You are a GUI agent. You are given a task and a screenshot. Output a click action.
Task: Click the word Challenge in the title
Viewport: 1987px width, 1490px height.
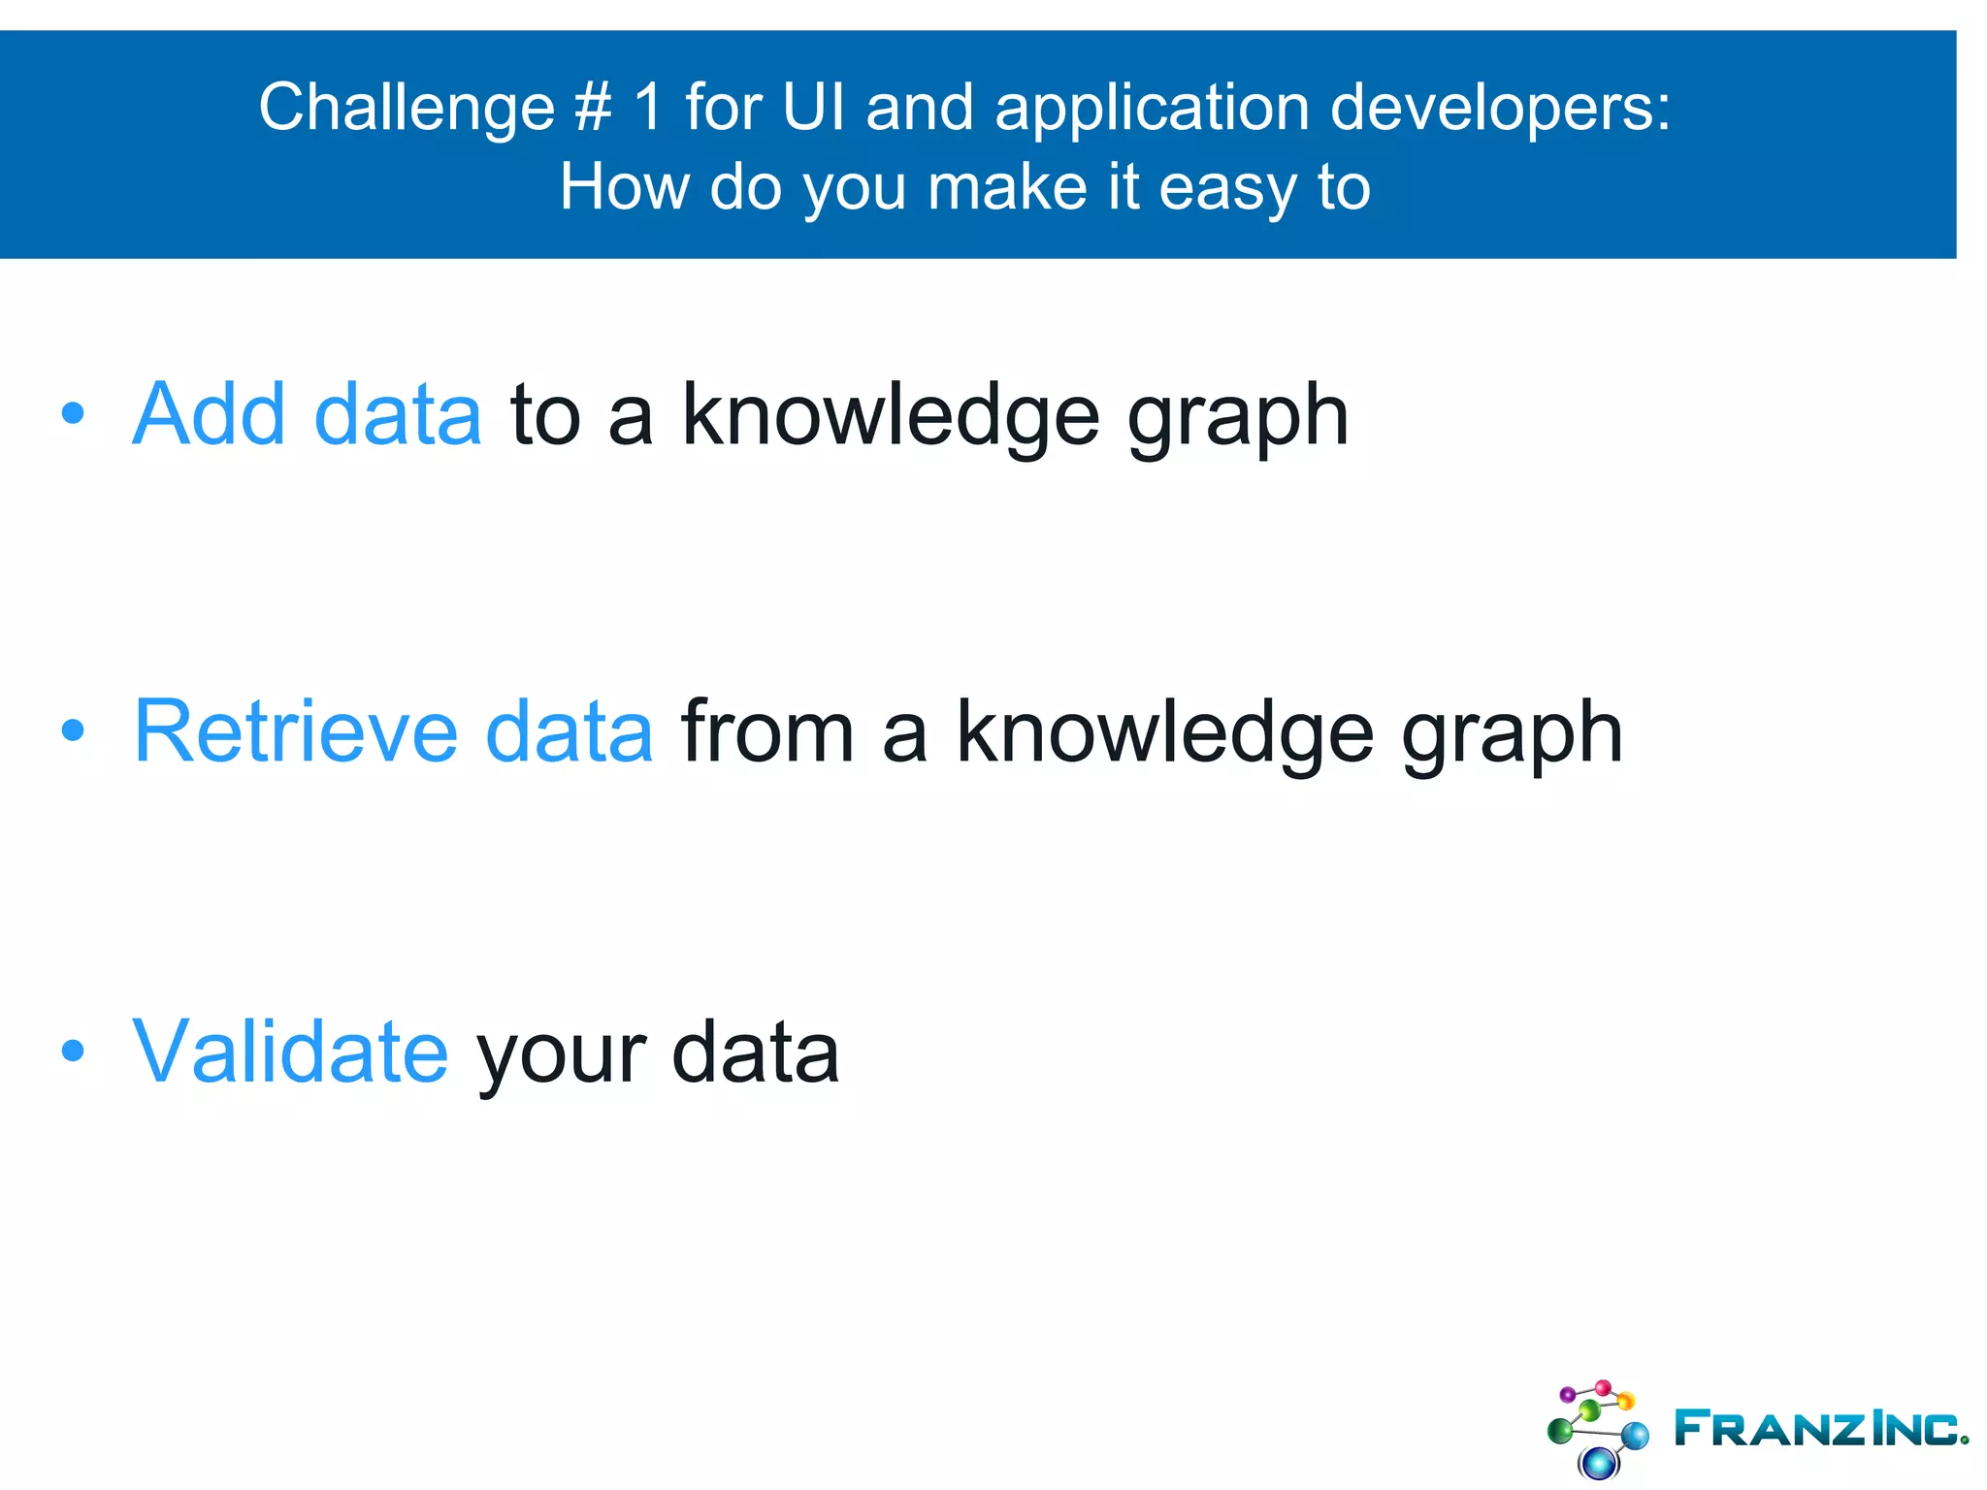point(406,109)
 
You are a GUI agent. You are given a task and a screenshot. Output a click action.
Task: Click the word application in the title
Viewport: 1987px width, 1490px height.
point(1152,109)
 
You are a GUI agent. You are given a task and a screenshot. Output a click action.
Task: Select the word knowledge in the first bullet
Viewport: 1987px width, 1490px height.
point(890,416)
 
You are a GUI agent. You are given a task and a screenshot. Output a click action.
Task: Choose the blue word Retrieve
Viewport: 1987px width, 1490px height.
point(295,731)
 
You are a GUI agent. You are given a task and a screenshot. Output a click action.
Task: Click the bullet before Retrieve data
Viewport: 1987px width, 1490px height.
point(73,730)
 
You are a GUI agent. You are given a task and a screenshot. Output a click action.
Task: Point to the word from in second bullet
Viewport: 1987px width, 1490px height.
point(766,731)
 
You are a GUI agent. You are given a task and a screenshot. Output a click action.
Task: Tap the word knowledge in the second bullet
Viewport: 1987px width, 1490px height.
point(1164,733)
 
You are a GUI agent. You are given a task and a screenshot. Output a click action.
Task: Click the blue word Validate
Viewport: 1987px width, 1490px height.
point(290,1052)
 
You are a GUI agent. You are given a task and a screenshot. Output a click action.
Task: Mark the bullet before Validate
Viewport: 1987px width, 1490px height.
point(73,1051)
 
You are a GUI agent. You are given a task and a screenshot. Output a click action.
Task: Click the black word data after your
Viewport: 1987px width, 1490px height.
point(754,1053)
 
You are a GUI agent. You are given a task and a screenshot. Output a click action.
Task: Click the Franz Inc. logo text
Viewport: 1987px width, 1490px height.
point(1820,1428)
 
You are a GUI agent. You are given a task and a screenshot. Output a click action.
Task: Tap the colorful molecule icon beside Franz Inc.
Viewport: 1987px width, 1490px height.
point(1597,1428)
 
